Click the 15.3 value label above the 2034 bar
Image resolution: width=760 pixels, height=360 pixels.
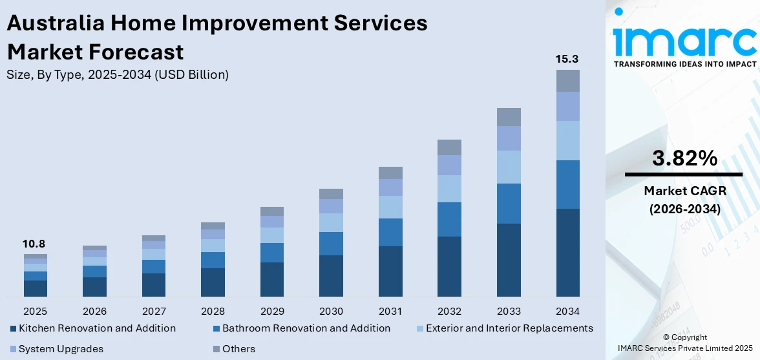[567, 59]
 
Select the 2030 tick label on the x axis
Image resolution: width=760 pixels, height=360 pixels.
[331, 311]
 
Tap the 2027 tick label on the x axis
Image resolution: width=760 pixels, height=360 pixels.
[154, 311]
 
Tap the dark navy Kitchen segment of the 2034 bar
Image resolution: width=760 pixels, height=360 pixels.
[567, 252]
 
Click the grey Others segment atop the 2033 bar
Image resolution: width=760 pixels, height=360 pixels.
[509, 117]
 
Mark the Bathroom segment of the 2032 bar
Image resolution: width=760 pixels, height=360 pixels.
[449, 219]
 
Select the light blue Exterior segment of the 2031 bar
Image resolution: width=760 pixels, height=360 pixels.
[390, 207]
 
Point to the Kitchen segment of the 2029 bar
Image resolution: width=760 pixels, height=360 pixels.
[272, 279]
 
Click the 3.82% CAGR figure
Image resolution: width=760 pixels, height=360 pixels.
[684, 158]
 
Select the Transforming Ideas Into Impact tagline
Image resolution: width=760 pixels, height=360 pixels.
[684, 64]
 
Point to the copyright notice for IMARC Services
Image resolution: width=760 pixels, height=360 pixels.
[684, 343]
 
